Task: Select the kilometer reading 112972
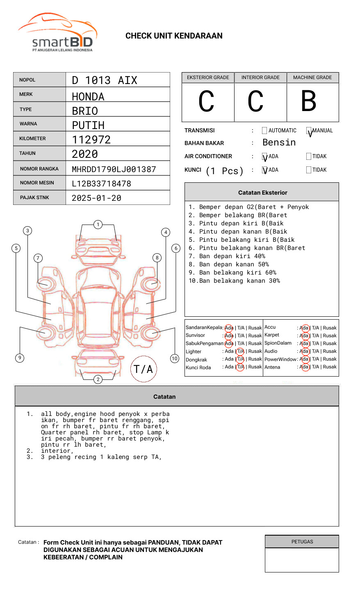tap(91, 139)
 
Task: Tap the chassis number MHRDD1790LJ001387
tap(114, 169)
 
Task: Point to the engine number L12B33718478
tap(101, 183)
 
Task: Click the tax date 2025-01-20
tap(96, 198)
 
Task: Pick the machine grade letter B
tap(309, 101)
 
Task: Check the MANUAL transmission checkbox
tap(309, 131)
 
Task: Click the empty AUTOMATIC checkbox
tap(264, 131)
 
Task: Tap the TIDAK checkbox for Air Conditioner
tap(309, 156)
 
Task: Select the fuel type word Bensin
tap(279, 143)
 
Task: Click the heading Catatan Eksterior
tap(262, 193)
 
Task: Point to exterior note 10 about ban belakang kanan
tap(234, 281)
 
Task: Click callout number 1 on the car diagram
tap(98, 224)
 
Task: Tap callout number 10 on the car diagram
tap(175, 358)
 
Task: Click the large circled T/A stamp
tap(144, 369)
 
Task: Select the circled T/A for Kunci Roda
tap(240, 367)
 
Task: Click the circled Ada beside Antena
tap(304, 367)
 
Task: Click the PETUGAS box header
tap(302, 542)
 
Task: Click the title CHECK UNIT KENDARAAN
tap(174, 36)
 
